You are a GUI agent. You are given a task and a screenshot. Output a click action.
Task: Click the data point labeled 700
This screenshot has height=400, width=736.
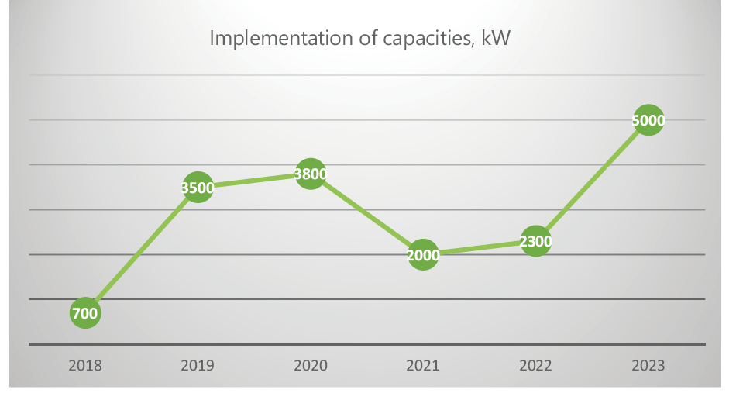(85, 313)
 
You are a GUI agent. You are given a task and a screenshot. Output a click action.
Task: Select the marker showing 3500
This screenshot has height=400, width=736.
(198, 187)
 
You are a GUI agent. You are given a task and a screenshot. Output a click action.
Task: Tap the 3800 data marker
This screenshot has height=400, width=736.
(310, 174)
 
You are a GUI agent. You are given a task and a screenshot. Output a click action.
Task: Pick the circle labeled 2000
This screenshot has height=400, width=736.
(423, 255)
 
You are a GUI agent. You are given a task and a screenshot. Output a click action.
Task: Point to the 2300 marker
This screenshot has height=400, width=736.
(535, 241)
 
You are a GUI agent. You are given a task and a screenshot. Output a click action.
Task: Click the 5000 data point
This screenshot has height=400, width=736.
(648, 120)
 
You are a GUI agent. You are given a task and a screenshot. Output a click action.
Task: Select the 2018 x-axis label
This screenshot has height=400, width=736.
(85, 365)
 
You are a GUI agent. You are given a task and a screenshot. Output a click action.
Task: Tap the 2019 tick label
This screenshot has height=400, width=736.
(198, 365)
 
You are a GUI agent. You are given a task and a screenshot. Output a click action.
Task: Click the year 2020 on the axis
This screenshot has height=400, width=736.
(310, 365)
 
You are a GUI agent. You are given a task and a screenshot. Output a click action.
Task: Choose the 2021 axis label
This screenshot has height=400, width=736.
(423, 365)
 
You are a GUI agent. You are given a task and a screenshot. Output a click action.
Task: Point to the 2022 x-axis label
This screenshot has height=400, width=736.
(535, 365)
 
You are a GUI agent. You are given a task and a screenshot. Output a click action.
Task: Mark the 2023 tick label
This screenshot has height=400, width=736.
(648, 365)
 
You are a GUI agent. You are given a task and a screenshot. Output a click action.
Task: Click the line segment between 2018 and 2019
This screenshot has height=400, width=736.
(141, 250)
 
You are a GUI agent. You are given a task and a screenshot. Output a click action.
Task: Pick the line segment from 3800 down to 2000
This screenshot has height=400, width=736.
(366, 215)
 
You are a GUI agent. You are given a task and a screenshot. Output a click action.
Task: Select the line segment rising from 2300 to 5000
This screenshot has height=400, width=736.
(592, 181)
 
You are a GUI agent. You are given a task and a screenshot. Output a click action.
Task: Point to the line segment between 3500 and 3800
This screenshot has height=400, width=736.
(254, 181)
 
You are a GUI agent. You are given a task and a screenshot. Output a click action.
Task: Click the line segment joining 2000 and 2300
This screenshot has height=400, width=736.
(479, 248)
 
